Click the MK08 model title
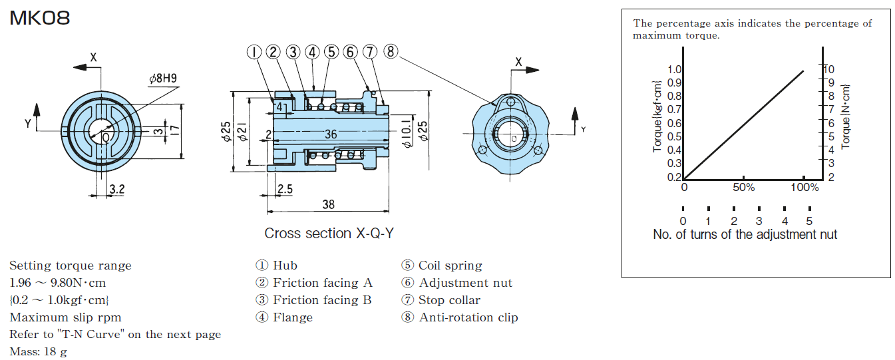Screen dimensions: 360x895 (x=40, y=18)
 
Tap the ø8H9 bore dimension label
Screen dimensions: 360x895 (x=163, y=78)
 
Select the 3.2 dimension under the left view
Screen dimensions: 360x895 (x=116, y=190)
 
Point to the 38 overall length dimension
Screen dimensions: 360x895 (x=328, y=204)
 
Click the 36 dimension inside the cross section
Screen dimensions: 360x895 (x=331, y=134)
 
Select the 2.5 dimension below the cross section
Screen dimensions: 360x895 (x=285, y=189)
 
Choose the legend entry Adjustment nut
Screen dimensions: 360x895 (x=465, y=283)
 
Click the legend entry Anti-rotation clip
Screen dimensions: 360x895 (x=468, y=317)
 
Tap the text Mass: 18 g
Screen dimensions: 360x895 (x=39, y=351)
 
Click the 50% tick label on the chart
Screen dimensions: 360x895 (x=743, y=188)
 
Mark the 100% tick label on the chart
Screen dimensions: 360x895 (x=804, y=188)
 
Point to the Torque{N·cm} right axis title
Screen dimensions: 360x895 (x=846, y=116)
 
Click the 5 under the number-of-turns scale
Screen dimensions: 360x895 (x=809, y=221)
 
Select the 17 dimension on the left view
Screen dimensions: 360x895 (x=174, y=130)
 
